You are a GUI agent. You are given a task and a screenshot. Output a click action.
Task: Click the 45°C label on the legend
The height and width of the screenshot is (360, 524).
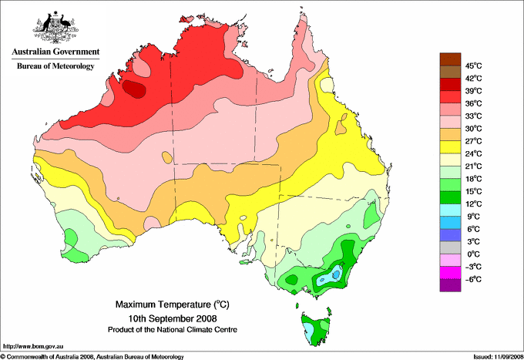coord(474,66)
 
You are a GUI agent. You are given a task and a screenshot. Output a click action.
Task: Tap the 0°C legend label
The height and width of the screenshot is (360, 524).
coord(474,254)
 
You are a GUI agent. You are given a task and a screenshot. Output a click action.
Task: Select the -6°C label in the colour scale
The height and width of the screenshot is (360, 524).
coord(474,279)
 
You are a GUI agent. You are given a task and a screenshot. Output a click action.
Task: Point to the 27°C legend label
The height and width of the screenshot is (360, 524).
coord(474,141)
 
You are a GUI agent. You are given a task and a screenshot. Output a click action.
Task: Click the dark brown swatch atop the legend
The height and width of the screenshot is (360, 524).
coord(450,59)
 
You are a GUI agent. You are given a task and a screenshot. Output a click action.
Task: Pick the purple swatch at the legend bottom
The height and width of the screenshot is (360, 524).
coord(450,285)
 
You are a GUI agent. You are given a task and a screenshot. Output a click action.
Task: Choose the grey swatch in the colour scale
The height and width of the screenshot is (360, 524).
coord(450,247)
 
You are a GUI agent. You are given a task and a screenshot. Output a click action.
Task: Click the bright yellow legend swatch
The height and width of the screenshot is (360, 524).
coord(450,146)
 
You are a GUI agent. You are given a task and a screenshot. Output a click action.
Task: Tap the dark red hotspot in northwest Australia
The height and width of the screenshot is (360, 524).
coord(134,89)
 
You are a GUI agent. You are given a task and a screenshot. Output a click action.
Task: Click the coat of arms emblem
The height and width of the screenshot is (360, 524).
coord(55,28)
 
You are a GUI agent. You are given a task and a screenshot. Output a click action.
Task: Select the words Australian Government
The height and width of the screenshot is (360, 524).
coord(55,52)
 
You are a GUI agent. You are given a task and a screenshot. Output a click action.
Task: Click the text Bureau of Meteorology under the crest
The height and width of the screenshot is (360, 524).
coord(55,66)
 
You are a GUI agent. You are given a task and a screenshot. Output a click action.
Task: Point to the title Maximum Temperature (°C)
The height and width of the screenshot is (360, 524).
coord(173,304)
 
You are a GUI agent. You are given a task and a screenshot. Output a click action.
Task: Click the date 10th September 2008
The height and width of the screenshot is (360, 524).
coord(173,318)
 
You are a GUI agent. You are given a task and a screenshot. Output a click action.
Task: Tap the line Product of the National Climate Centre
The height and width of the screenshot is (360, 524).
coord(173,330)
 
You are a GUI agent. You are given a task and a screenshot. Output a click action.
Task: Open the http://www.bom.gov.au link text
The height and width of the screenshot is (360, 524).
coord(33,346)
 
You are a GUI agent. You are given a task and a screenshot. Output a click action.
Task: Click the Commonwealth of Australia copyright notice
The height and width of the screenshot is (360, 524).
coord(92,357)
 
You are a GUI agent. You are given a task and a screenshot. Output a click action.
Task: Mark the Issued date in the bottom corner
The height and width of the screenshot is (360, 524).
coord(499,357)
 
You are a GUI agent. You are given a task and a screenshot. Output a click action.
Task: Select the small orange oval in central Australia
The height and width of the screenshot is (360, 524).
coord(166,157)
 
